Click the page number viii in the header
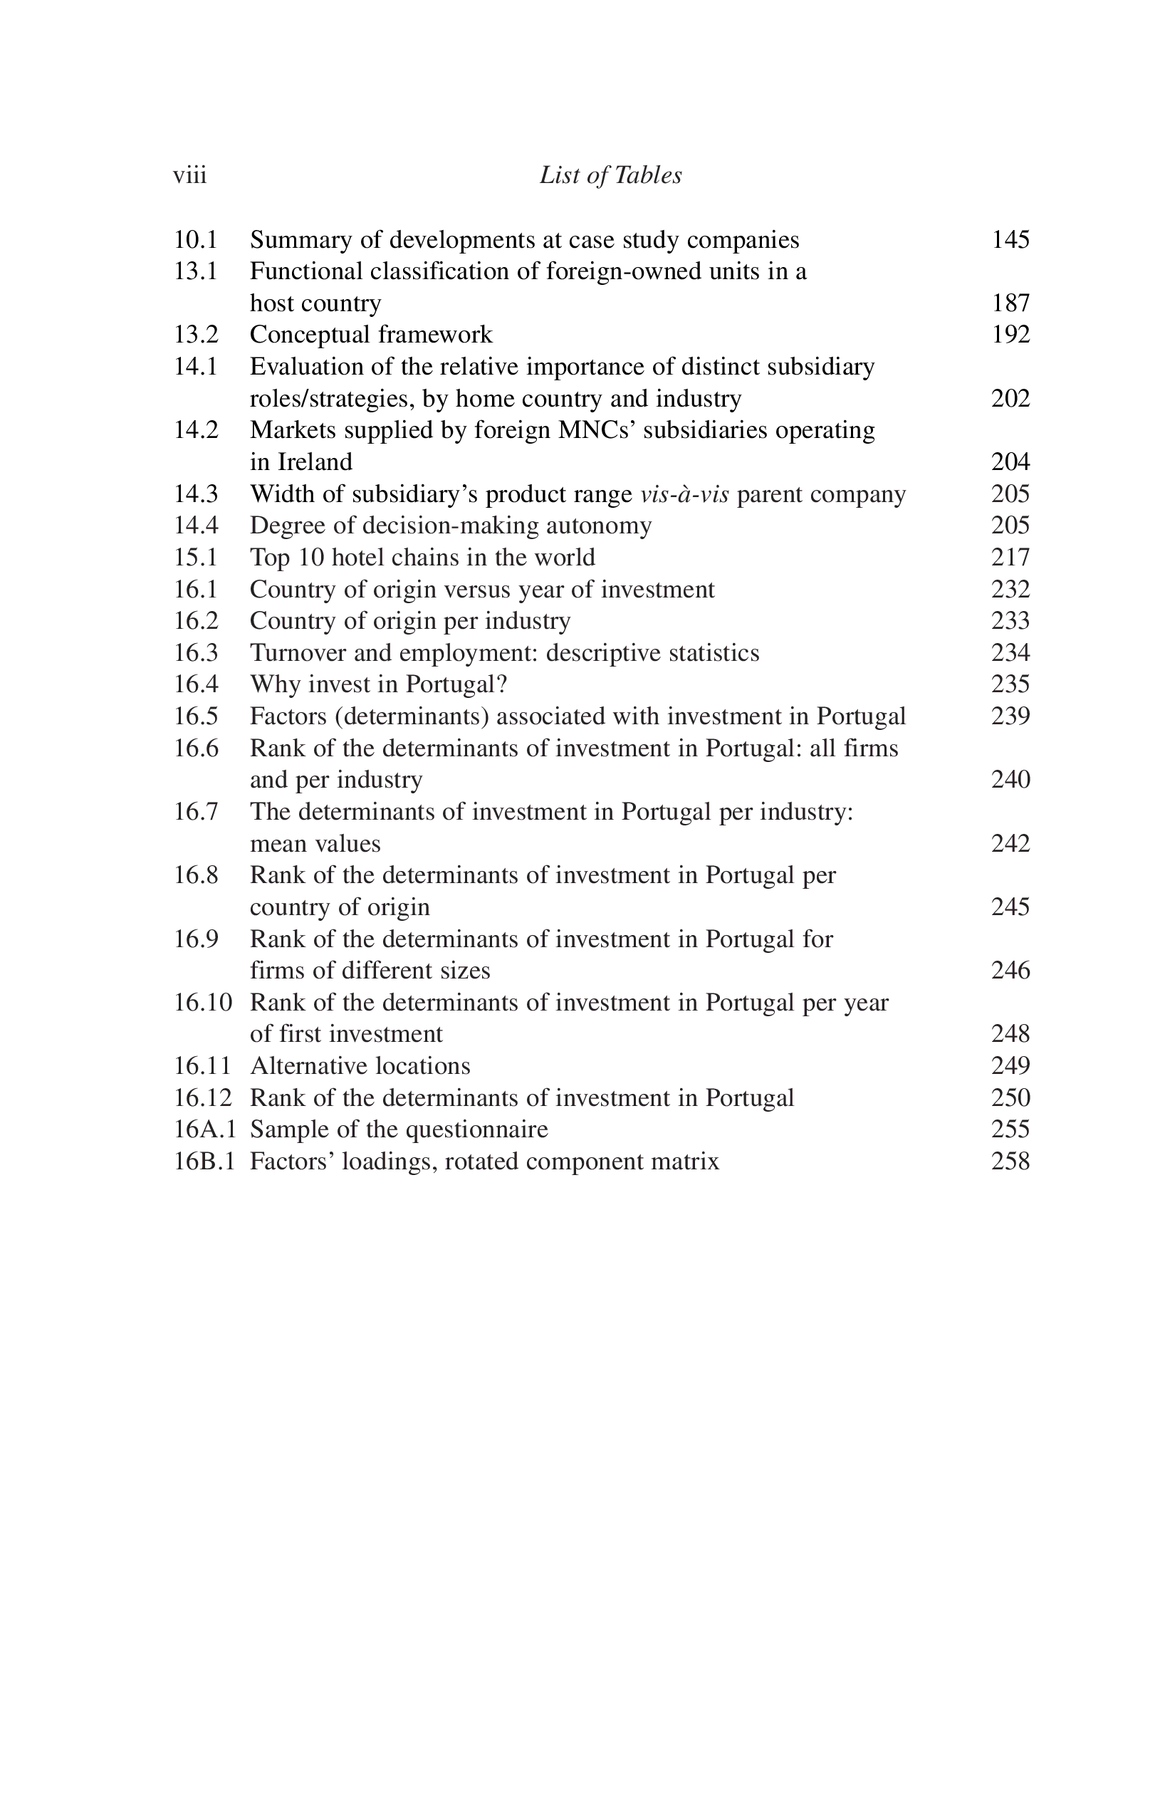(x=189, y=176)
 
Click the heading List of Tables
(x=610, y=176)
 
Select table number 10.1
(x=195, y=240)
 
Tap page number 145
(x=1010, y=240)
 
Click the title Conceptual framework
(x=371, y=335)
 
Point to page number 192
(x=1010, y=335)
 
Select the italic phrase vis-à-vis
(x=684, y=494)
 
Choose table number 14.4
(x=196, y=526)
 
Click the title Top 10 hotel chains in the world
(x=422, y=558)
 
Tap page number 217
(x=1010, y=558)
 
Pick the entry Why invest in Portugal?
(x=379, y=684)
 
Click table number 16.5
(x=196, y=716)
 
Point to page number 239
(x=1010, y=716)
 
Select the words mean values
(x=315, y=843)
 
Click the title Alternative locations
(x=360, y=1065)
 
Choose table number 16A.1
(x=205, y=1129)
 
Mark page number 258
(x=1010, y=1162)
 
